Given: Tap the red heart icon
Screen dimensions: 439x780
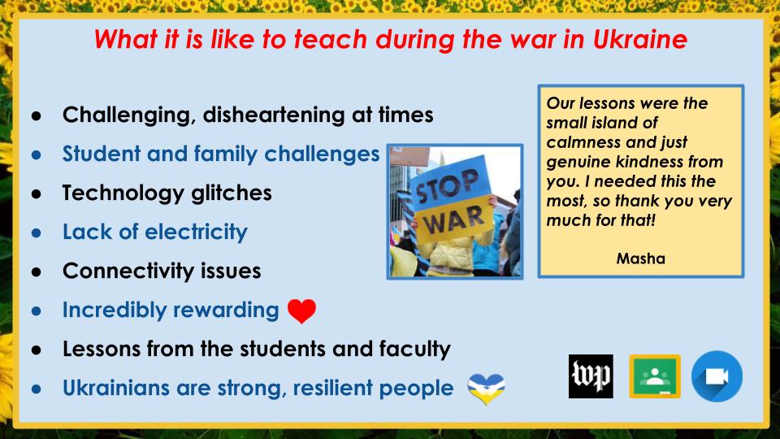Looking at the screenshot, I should coord(301,311).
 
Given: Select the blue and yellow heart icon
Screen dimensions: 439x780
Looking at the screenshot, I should coord(486,389).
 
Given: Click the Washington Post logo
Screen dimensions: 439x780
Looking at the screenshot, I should coord(591,376).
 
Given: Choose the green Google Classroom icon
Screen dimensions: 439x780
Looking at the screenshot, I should coord(654,376).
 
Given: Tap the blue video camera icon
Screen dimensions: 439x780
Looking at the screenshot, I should coord(717,376).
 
